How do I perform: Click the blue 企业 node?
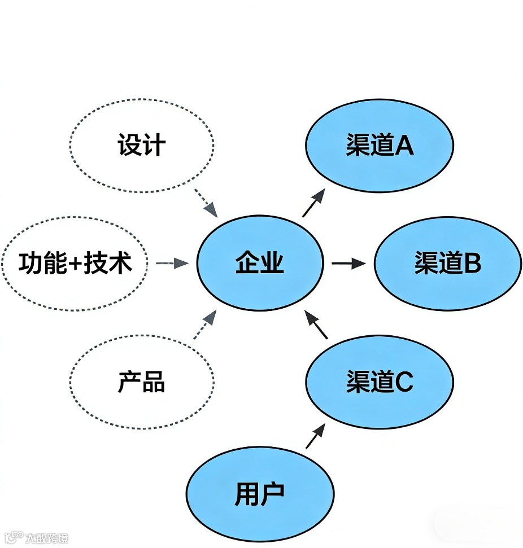(x=260, y=263)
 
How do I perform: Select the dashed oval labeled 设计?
(x=142, y=146)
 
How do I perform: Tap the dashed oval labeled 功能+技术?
(x=75, y=263)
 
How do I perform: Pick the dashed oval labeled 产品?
(x=142, y=382)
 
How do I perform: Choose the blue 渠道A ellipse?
(x=380, y=146)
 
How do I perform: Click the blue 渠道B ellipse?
(x=447, y=263)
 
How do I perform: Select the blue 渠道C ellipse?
(x=380, y=382)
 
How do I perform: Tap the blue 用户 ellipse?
(x=260, y=494)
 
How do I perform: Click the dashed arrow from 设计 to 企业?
(x=206, y=203)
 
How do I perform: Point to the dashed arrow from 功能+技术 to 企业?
(x=172, y=263)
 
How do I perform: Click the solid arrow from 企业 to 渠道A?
(x=314, y=203)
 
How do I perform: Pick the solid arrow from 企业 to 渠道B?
(x=348, y=263)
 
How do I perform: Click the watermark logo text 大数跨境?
(x=46, y=538)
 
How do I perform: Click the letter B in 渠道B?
(x=472, y=264)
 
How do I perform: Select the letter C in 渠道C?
(x=404, y=382)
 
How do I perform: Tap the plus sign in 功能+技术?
(x=74, y=264)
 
